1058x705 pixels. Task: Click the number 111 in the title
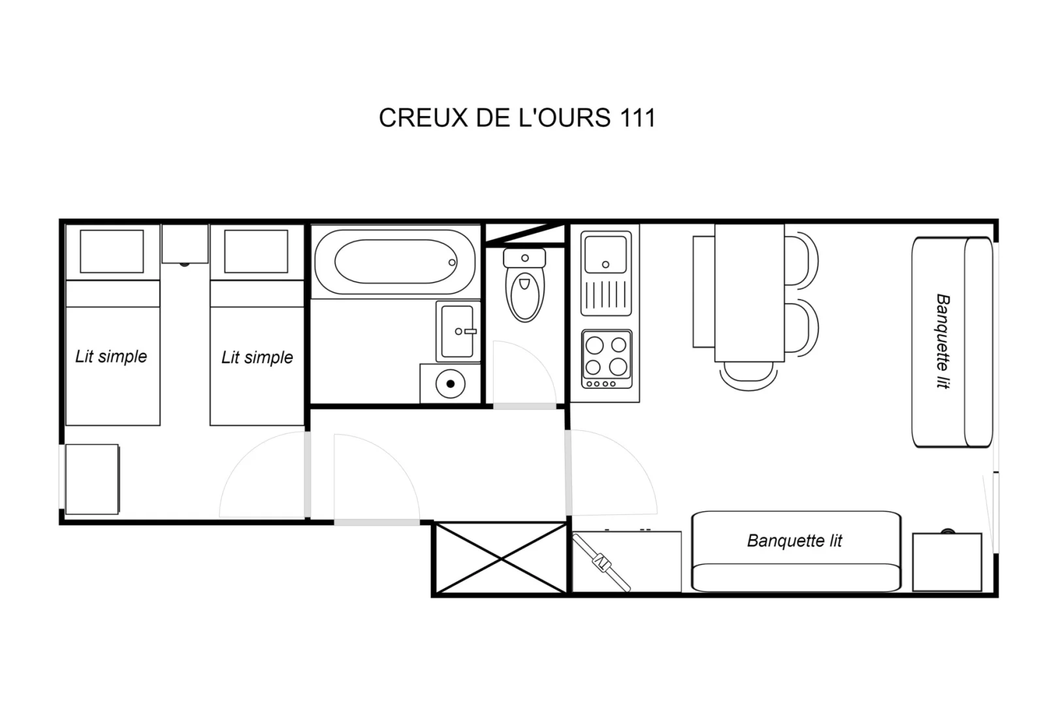tap(637, 117)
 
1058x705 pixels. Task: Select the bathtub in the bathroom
tap(395, 262)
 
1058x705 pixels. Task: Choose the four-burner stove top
tap(607, 359)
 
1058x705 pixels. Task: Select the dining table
tap(749, 292)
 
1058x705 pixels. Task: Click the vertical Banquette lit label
tap(943, 341)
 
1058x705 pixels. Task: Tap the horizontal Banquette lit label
tap(794, 540)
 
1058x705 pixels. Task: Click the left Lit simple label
tap(111, 356)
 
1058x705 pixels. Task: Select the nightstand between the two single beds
tap(185, 243)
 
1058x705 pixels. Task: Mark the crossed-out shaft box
tap(501, 559)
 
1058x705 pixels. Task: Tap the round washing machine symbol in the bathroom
tap(450, 384)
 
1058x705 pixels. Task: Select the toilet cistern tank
tap(524, 258)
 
